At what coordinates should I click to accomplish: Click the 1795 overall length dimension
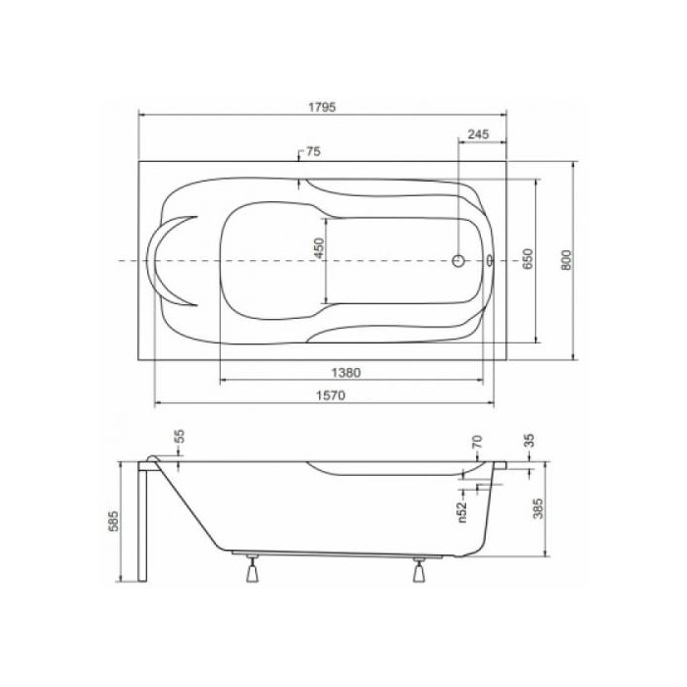coord(322,107)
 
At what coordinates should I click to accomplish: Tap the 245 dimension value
coord(478,134)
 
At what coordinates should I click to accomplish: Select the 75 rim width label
coord(313,151)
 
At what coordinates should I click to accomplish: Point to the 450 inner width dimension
coord(319,247)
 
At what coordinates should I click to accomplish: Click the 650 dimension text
coord(528,259)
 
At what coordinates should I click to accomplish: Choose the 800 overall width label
coord(566,260)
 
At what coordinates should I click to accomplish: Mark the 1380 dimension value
coord(345,373)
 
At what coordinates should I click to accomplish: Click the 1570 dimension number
coord(331,396)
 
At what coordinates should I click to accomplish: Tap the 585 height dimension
coord(113,521)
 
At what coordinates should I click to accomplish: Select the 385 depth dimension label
coord(538,508)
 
